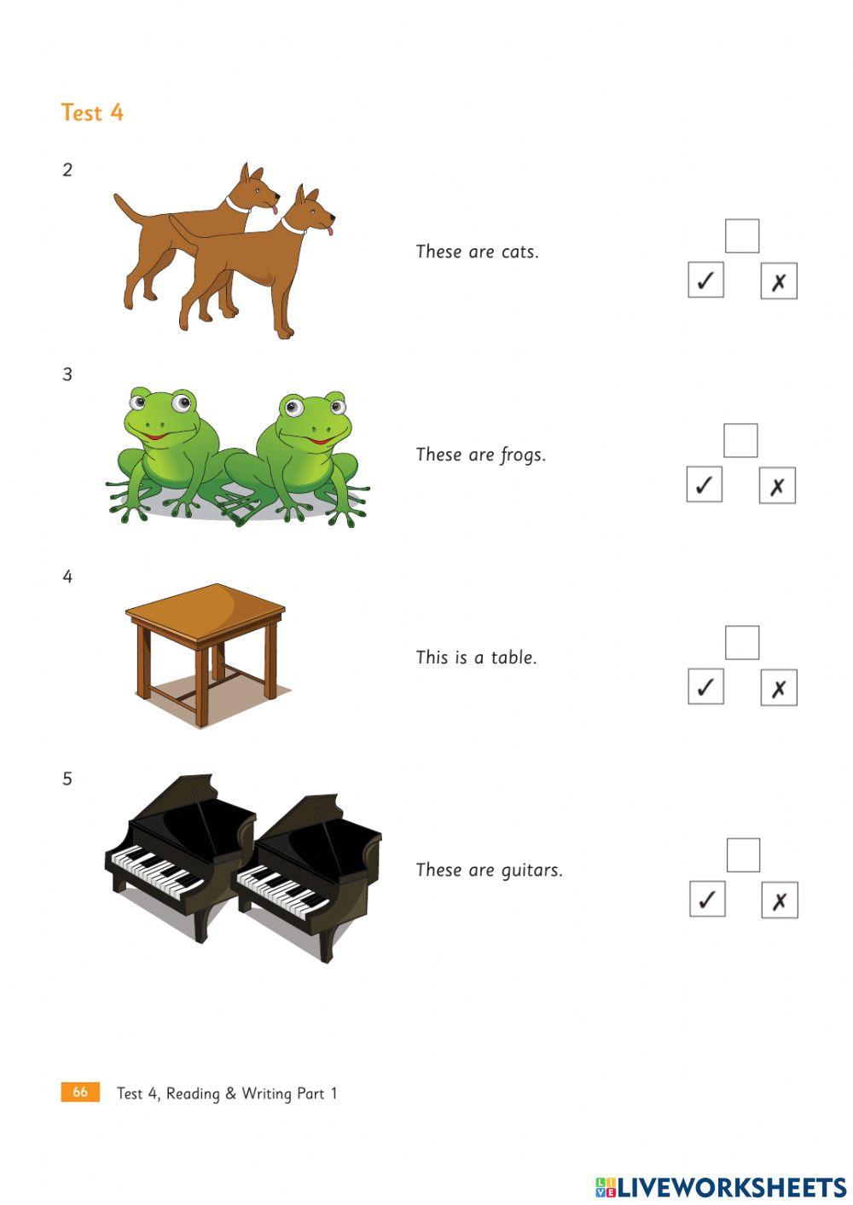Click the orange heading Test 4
[92, 113]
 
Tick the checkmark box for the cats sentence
[705, 281]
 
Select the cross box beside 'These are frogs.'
[777, 486]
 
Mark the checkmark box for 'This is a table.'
[705, 687]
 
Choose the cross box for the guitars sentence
[779, 900]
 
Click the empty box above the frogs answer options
[740, 440]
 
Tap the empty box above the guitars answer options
[743, 855]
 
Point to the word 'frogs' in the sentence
[522, 455]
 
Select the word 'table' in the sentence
[514, 658]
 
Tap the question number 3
[67, 374]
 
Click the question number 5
[67, 779]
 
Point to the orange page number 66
[80, 1092]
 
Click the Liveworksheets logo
[721, 1187]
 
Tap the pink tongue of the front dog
[330, 229]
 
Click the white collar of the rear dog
[238, 206]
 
